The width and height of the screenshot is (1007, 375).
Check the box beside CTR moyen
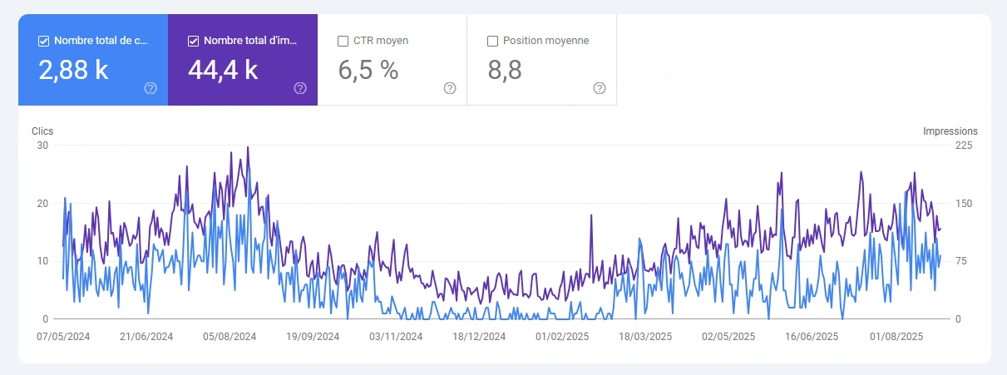coord(343,40)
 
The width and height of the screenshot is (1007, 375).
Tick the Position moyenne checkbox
coord(492,40)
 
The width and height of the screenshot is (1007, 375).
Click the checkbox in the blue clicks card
coord(44,40)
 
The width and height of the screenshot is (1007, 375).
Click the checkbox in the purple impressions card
coord(194,40)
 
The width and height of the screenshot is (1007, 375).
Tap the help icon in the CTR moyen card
coord(450,88)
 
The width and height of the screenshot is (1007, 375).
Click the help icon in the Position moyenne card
coord(600,88)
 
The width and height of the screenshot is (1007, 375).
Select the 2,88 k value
coord(73,71)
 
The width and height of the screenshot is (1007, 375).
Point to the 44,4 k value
coord(223,71)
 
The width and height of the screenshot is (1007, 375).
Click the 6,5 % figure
coord(368,71)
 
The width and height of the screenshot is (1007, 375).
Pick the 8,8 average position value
coord(505,71)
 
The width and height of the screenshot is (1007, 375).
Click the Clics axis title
coord(42,131)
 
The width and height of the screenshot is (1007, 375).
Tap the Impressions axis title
coord(950,131)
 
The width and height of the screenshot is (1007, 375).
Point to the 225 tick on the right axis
coord(965,146)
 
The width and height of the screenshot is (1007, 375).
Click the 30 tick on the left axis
coord(43,146)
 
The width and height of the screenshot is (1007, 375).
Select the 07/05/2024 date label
coord(63,337)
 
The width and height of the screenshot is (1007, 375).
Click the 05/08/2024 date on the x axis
coord(230,337)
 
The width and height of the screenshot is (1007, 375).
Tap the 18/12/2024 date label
coord(479,337)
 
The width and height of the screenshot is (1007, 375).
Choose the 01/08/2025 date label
coord(896,337)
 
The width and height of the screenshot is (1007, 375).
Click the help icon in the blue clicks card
coord(151,88)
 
